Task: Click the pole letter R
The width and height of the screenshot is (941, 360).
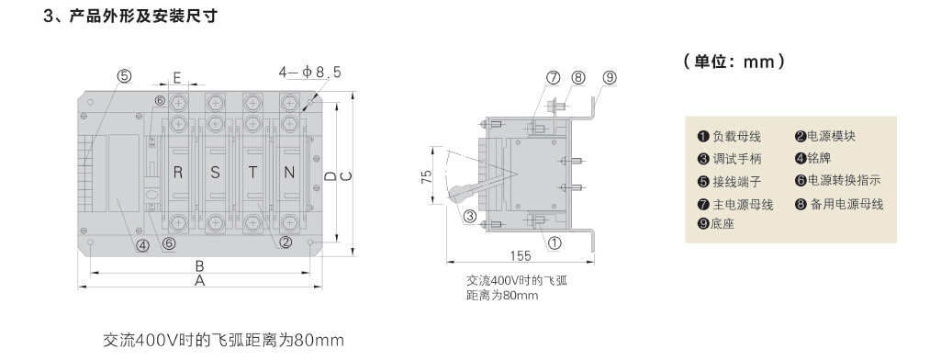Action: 177,173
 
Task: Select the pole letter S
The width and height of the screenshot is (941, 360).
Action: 216,173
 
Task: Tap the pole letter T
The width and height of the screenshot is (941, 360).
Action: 253,173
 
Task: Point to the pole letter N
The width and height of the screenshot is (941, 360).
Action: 289,173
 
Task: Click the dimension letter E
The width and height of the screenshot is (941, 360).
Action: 177,77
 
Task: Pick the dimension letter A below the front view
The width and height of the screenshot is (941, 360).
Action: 200,281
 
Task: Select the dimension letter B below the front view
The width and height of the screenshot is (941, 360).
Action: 200,265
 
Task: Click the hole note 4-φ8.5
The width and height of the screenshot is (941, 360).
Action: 309,72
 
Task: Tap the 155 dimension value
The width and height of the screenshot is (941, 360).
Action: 521,255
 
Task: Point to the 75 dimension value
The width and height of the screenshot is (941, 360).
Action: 427,177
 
